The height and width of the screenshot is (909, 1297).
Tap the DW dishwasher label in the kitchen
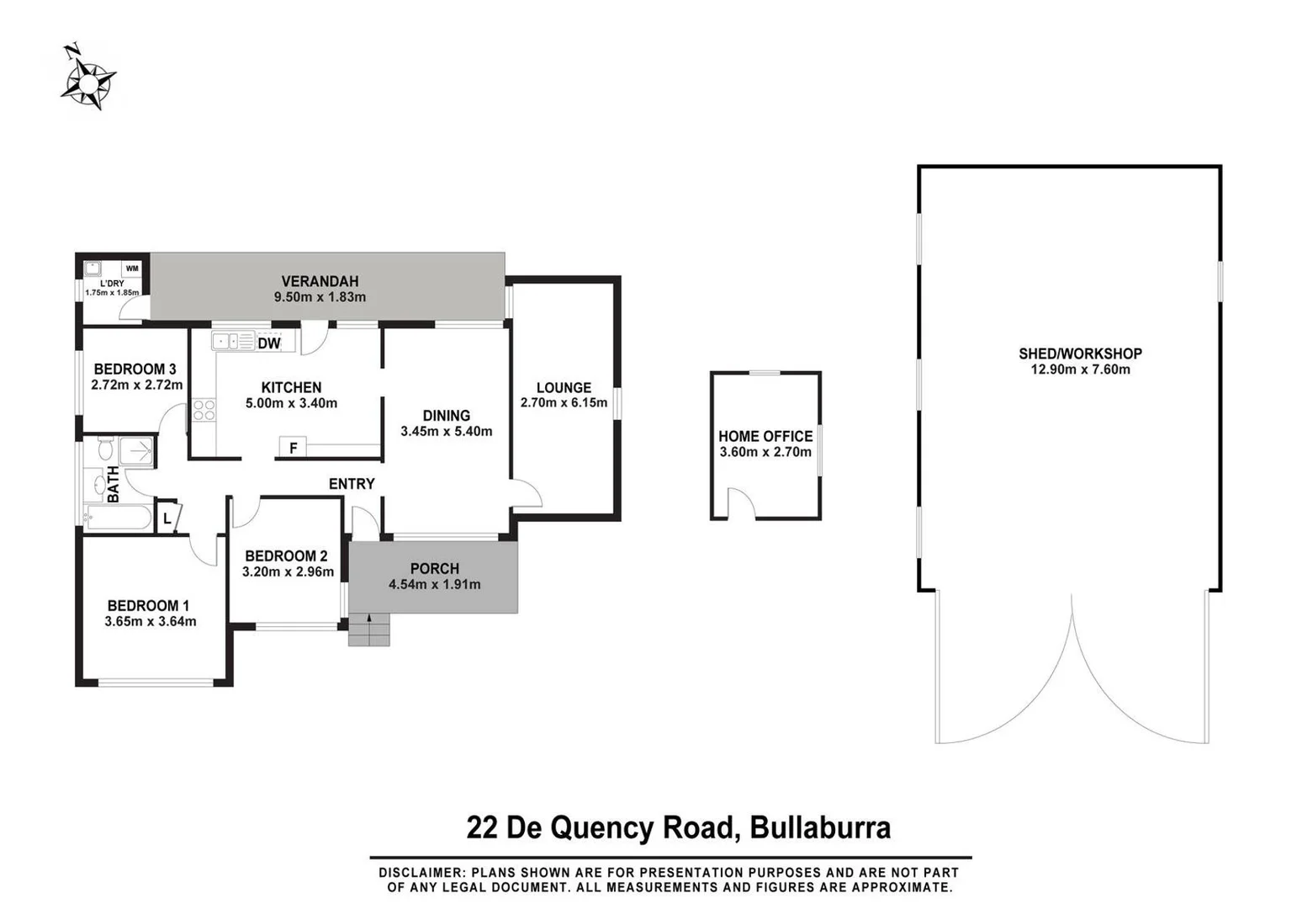click(269, 343)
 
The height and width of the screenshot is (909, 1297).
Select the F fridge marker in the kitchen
click(293, 448)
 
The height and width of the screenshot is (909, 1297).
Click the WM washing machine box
click(132, 268)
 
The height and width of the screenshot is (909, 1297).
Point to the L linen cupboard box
click(167, 518)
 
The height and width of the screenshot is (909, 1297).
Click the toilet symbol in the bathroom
click(106, 447)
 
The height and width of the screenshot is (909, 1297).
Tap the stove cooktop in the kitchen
click(204, 410)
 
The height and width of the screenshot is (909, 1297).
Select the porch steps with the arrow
click(369, 630)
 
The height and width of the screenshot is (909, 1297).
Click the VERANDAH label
click(320, 281)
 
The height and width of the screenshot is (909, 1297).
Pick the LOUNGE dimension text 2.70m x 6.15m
click(564, 403)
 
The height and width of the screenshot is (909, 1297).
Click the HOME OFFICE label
click(765, 436)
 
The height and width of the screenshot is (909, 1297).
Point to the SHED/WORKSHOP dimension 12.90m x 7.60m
click(1080, 369)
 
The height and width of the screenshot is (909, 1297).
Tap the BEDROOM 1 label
click(148, 605)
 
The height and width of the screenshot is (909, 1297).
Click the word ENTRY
click(352, 484)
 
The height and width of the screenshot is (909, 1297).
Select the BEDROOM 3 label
click(135, 369)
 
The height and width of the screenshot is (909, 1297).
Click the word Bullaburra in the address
click(820, 827)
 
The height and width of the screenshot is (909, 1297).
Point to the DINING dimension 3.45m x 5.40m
click(446, 432)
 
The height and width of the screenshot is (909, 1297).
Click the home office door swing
click(742, 503)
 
